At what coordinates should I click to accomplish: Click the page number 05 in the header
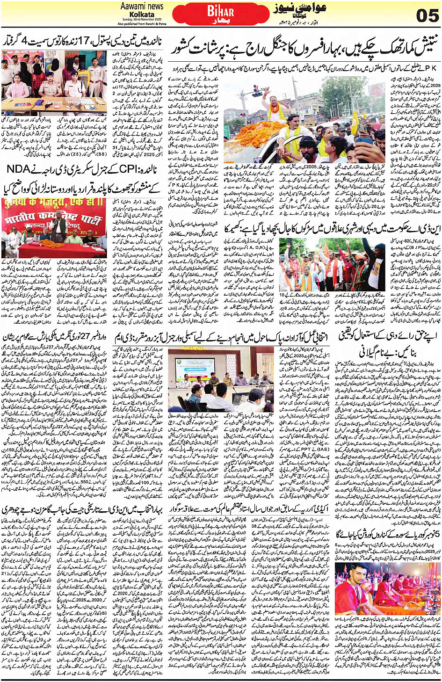click(x=427, y=15)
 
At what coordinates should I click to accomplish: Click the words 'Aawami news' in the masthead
click(x=142, y=6)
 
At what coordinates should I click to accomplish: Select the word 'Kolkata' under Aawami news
click(x=142, y=15)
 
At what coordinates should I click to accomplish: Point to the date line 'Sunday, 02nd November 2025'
click(x=141, y=20)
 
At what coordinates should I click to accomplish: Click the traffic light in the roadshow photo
click(x=257, y=89)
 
